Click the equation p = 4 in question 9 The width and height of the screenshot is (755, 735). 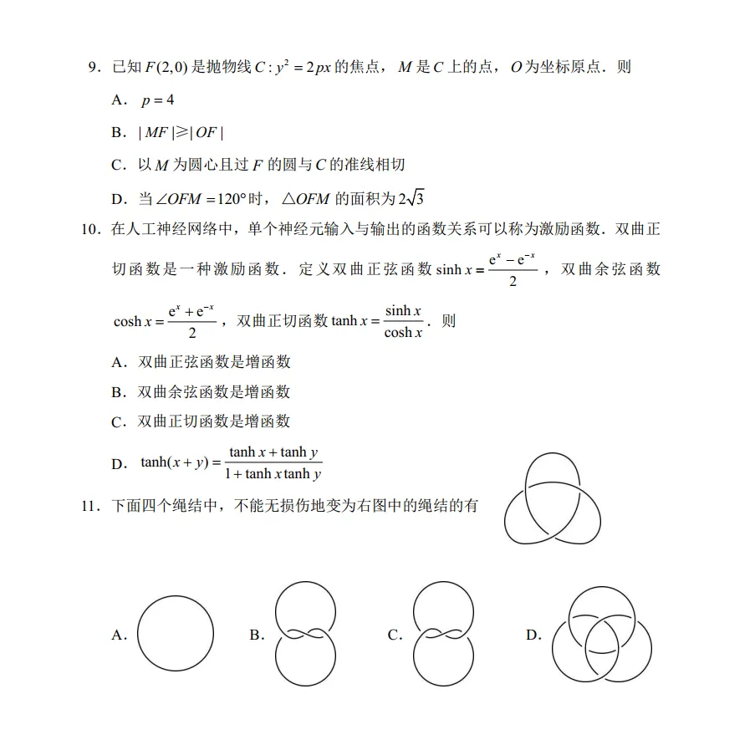157,100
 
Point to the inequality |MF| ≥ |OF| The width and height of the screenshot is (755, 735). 181,133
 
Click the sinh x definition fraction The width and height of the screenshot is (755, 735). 513,269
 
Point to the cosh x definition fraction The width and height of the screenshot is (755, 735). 191,321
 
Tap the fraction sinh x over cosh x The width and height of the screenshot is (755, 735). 402,321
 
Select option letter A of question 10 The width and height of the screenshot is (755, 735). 119,362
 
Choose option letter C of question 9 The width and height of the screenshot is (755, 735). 119,166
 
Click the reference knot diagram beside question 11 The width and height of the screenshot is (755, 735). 552,498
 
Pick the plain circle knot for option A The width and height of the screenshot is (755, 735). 175,635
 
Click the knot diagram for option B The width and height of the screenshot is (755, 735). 305,635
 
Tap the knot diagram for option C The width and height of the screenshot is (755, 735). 444,635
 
